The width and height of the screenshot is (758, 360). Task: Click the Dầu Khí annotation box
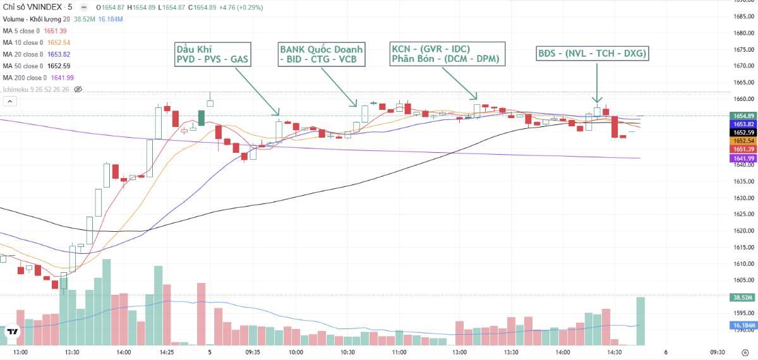[212, 55]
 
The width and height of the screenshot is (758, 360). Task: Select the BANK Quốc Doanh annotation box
[321, 55]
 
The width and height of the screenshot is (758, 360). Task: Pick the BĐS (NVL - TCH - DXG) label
[592, 54]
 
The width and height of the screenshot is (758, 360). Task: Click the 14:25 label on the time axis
[167, 352]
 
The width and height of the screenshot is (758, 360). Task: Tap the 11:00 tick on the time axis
[399, 352]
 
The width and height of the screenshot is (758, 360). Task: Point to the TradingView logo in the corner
[12, 332]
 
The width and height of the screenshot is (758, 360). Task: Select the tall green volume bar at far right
[641, 321]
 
